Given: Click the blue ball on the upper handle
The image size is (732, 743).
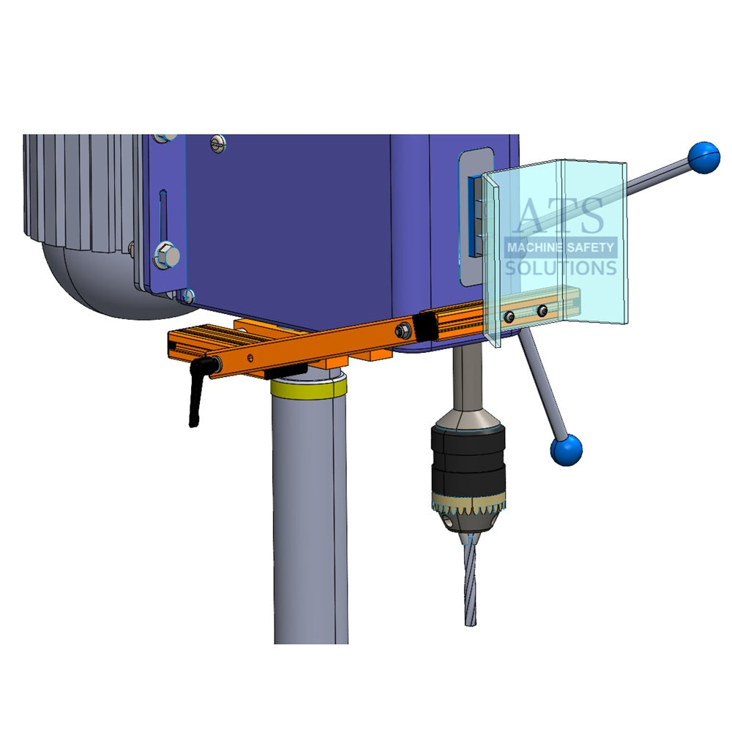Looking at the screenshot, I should tap(703, 157).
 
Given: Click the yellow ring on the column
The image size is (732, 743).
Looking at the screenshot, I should tap(307, 388).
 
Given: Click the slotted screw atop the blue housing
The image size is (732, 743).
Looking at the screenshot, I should tap(217, 144).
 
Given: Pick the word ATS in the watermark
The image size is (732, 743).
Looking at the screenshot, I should tap(561, 216).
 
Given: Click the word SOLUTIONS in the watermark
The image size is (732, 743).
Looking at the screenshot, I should tap(561, 268).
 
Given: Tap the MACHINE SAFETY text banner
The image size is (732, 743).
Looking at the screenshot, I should tap(561, 247).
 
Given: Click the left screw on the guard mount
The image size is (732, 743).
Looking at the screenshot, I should tap(509, 316).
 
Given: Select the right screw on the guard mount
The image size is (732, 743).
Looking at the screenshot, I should tap(542, 312).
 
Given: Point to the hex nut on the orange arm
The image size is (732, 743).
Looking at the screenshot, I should tap(402, 332).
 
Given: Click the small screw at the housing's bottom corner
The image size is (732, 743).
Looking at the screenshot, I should tap(188, 296).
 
